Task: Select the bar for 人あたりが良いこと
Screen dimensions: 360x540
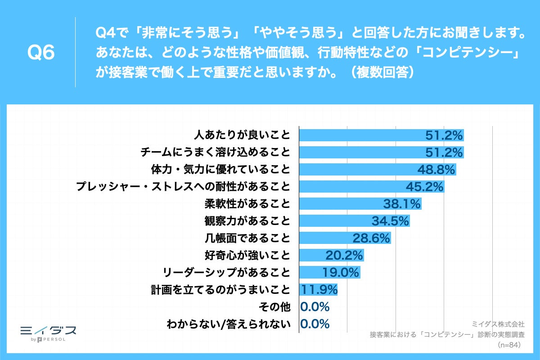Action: tap(360, 135)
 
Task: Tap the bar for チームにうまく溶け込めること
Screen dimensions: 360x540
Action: tap(360, 152)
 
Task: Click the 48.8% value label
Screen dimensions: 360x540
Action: tap(436, 170)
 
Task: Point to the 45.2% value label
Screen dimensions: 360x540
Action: tap(424, 187)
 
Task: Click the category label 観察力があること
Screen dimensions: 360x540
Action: tap(247, 221)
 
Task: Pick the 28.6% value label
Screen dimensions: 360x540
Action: tap(371, 238)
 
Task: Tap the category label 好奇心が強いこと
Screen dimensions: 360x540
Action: tap(247, 255)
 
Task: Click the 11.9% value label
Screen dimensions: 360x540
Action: tap(319, 289)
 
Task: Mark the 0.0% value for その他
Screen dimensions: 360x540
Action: tap(315, 307)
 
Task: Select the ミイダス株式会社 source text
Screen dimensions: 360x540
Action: tap(498, 324)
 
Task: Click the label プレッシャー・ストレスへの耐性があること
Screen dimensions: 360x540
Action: tap(183, 187)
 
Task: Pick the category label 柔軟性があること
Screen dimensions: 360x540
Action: tap(247, 204)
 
